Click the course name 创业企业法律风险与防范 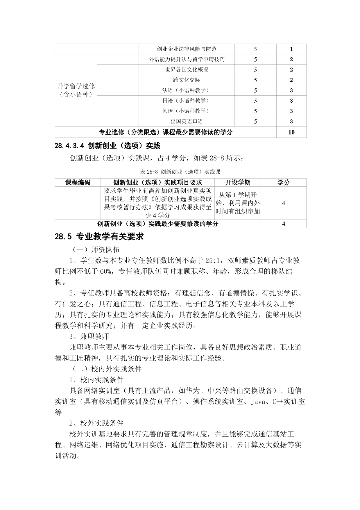click(187, 49)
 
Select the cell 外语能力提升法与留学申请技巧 click(187, 59)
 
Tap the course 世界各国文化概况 click(187, 70)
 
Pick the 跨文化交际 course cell click(187, 80)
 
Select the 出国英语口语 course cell click(187, 121)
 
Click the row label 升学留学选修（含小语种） click(76, 90)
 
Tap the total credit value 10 click(291, 132)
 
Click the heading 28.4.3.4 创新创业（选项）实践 click(107, 145)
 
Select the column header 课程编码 click(78, 183)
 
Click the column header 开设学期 click(237, 183)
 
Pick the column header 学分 click(283, 183)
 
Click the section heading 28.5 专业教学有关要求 click(99, 237)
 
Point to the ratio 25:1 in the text click(213, 260)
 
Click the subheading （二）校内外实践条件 click(106, 369)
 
